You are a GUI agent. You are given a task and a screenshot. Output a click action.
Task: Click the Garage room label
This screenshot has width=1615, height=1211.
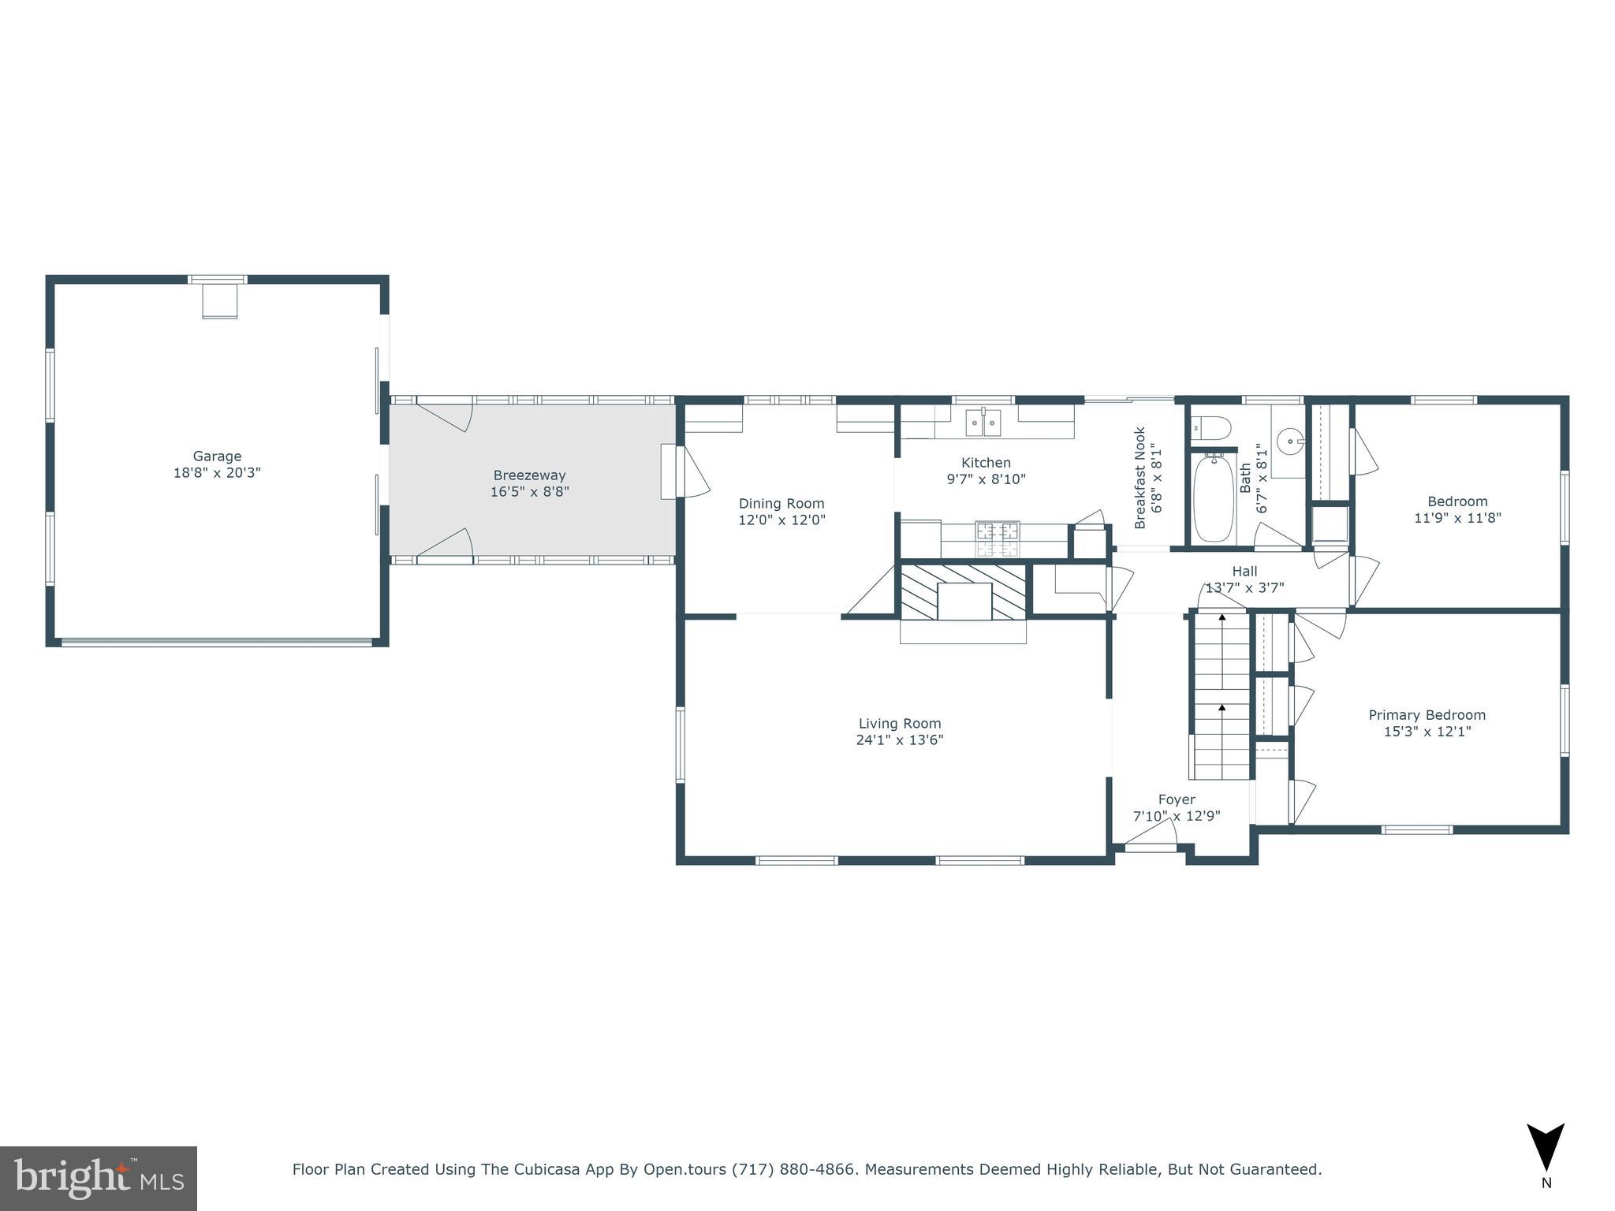click(217, 456)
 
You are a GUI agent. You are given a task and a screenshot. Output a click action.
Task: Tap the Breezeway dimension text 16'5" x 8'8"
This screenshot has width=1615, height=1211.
click(529, 492)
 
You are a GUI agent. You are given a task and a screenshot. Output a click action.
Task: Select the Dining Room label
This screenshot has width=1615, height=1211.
click(781, 503)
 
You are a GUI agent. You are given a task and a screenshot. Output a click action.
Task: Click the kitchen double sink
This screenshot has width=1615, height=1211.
click(983, 423)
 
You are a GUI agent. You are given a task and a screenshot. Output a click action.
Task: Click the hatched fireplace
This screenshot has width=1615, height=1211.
click(963, 591)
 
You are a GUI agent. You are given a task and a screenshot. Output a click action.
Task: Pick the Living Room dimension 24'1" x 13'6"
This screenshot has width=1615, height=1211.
click(900, 740)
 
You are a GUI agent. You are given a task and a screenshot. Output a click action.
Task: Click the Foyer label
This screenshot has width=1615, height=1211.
click(1177, 799)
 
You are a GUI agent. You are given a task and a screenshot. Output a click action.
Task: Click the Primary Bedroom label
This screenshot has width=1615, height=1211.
click(1427, 715)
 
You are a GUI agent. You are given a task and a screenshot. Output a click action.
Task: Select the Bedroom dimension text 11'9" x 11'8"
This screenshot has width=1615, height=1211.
click(1457, 518)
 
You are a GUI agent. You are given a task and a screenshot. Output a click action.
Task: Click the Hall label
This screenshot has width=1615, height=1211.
click(1244, 572)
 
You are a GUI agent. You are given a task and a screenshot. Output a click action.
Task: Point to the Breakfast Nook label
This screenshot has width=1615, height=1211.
click(1140, 478)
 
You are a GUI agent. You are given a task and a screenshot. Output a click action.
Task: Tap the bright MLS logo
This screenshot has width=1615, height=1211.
click(99, 1178)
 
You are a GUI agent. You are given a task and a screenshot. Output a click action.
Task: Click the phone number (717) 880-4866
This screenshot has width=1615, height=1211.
click(793, 1169)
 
